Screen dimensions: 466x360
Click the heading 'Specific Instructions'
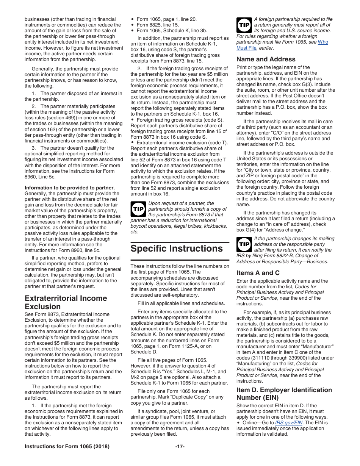pyautogui.click(x=177, y=249)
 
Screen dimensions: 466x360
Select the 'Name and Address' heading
pyautogui.click(x=266, y=59)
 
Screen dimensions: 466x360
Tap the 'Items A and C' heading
pyautogui.click(x=258, y=273)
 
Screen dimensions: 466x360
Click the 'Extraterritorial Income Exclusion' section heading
pyautogui.click(x=66, y=302)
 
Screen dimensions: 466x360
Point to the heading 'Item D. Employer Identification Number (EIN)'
pyautogui.click(x=284, y=394)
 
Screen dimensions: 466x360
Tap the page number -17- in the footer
pyautogui.click(x=180, y=446)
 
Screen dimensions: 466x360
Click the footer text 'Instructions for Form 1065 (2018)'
pyautogui.click(x=67, y=446)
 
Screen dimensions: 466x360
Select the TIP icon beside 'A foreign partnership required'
pyautogui.click(x=244, y=25)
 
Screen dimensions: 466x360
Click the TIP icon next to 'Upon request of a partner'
pyautogui.click(x=138, y=209)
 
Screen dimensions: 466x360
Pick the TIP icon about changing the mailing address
pyautogui.click(x=244, y=244)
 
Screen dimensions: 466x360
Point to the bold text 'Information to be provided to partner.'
pyautogui.click(x=70, y=188)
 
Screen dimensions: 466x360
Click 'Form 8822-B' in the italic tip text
pyautogui.click(x=277, y=256)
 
